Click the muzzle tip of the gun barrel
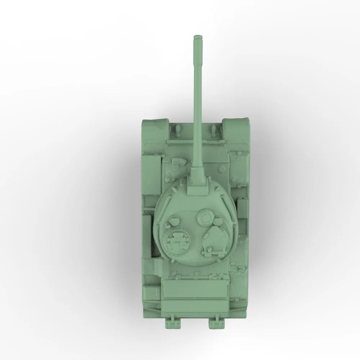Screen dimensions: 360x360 pos(197,38)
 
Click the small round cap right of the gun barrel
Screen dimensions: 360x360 pos(224,168)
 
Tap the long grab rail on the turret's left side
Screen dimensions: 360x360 pos(158,230)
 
